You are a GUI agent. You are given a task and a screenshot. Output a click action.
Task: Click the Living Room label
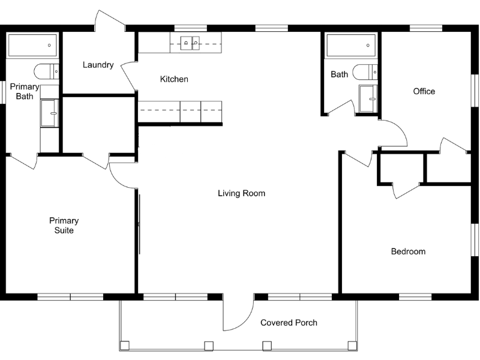(x=241, y=193)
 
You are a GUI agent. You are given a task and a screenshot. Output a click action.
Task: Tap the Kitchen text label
(x=174, y=79)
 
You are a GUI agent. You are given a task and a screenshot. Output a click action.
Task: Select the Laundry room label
(x=98, y=65)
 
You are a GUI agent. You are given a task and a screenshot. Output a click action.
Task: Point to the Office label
(x=424, y=91)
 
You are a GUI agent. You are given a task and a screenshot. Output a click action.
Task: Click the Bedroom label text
(x=408, y=251)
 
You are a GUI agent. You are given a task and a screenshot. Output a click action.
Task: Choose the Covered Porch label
(x=289, y=323)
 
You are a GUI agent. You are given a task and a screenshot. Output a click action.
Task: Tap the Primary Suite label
(x=64, y=225)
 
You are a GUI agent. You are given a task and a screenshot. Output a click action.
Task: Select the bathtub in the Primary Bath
(x=32, y=45)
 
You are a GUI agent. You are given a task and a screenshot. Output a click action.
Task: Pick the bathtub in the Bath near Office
(x=350, y=45)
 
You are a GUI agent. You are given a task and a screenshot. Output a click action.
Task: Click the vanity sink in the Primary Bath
(x=50, y=113)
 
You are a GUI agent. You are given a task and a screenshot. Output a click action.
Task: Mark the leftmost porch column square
(x=125, y=345)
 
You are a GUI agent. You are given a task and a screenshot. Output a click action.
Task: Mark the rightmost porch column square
(x=352, y=345)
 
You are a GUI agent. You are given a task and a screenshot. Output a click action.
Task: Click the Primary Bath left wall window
(x=2, y=92)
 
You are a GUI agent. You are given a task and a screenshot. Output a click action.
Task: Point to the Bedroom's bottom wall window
(x=415, y=296)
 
